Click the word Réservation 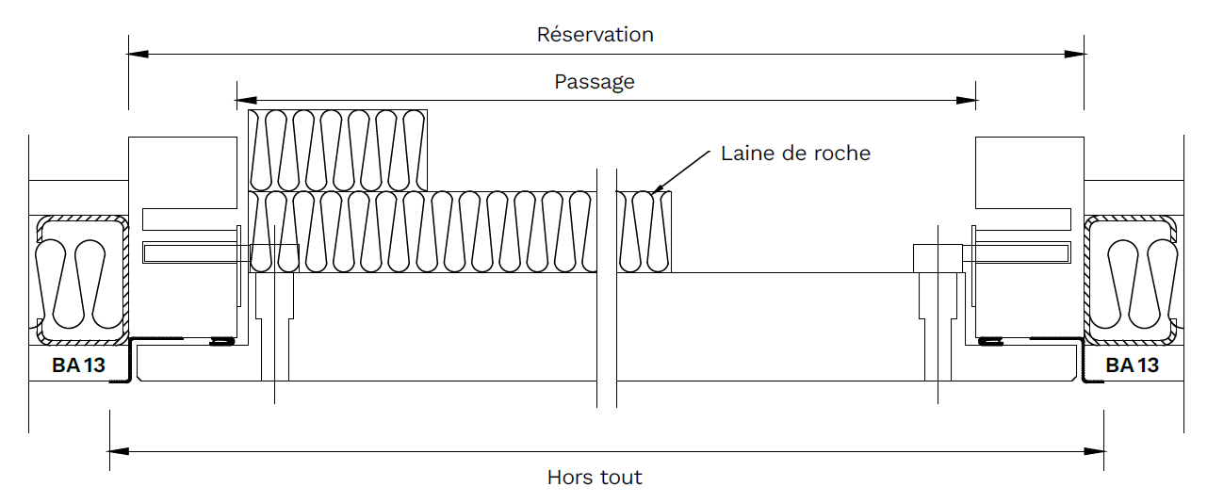[595, 35]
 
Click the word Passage [595, 82]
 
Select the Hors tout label [595, 478]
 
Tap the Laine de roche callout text [795, 153]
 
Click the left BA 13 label [79, 365]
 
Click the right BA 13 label [1132, 365]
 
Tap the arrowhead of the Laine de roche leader [657, 188]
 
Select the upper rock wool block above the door [336, 150]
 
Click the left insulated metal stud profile [82, 278]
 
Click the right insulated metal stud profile [1130, 278]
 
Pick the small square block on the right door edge [937, 258]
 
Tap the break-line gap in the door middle [607, 283]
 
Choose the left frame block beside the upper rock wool [182, 171]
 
